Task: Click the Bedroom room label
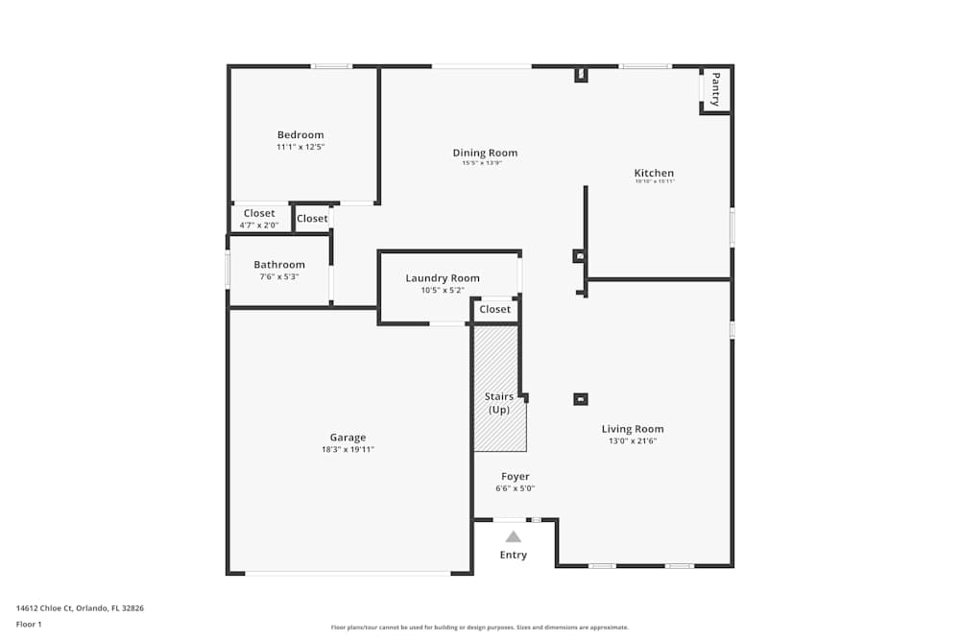pos(300,135)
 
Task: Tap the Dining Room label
pos(485,153)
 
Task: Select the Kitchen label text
pos(654,173)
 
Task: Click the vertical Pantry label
pos(715,89)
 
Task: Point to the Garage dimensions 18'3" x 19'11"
pos(348,449)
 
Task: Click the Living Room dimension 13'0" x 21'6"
pos(633,441)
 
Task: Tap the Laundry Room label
pos(443,278)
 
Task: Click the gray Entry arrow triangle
pos(514,537)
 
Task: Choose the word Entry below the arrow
pos(514,555)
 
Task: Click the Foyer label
pos(516,477)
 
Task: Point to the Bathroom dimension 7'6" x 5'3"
pos(279,276)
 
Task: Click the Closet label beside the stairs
pos(495,310)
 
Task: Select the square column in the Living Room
pos(580,398)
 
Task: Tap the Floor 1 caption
pos(29,624)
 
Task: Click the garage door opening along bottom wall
pos(348,574)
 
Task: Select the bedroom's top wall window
pos(331,66)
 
